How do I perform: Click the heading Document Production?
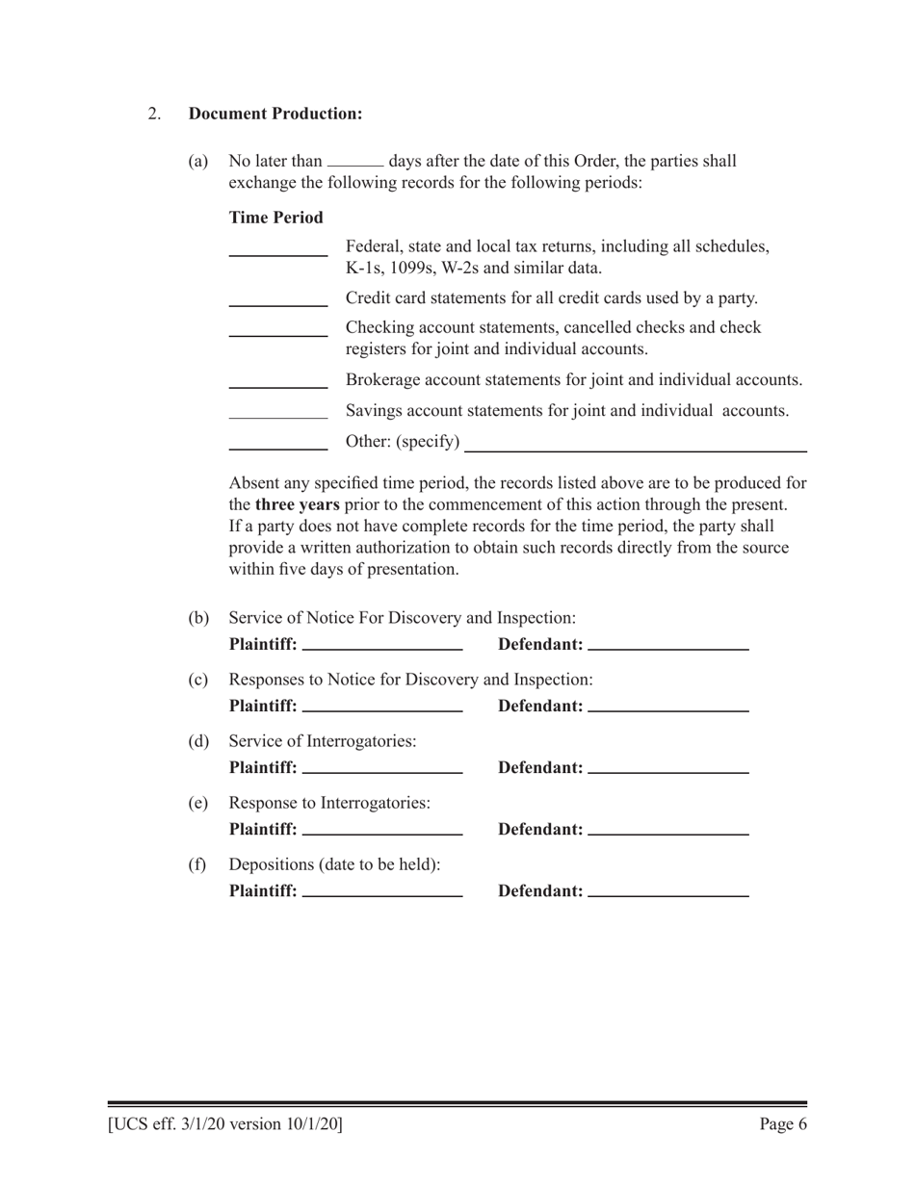(275, 114)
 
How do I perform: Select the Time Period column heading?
(275, 218)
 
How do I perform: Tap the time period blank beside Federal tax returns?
(278, 255)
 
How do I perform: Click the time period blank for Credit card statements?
(278, 305)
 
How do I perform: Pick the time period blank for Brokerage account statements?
(278, 387)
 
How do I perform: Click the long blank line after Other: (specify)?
(636, 450)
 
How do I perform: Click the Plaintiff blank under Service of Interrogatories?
(382, 772)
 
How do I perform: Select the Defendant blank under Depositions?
(667, 896)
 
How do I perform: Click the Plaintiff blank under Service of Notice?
(382, 649)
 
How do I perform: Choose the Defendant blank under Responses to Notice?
(667, 710)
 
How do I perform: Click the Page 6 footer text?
(783, 1123)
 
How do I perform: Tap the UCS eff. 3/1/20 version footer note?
(225, 1123)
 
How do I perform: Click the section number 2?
(154, 114)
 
